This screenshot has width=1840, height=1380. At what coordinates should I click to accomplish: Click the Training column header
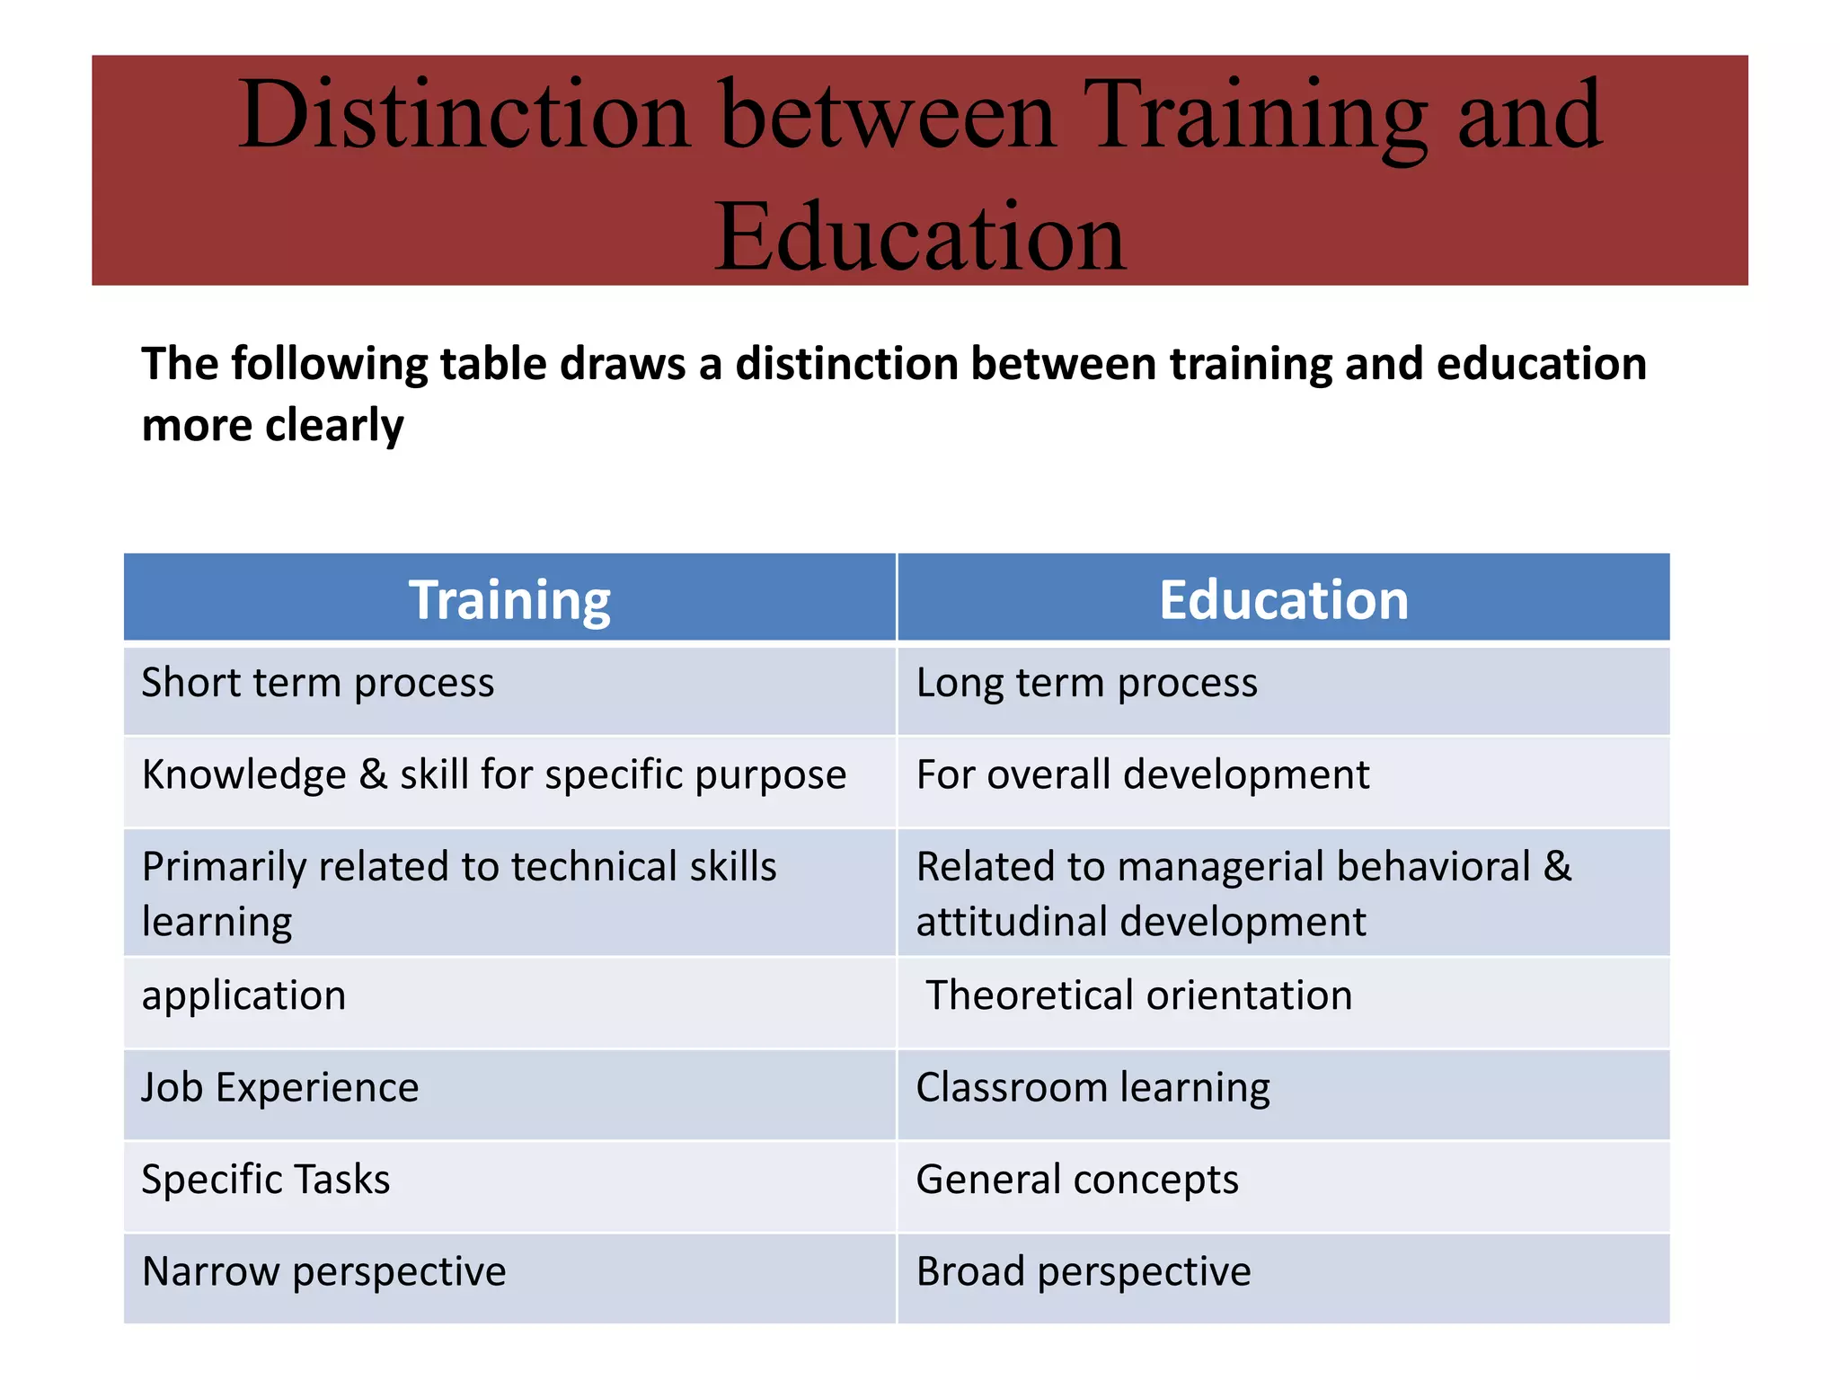(x=509, y=599)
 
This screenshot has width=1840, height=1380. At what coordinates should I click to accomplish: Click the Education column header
(x=1283, y=599)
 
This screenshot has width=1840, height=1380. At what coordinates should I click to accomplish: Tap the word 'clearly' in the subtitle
(x=334, y=425)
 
